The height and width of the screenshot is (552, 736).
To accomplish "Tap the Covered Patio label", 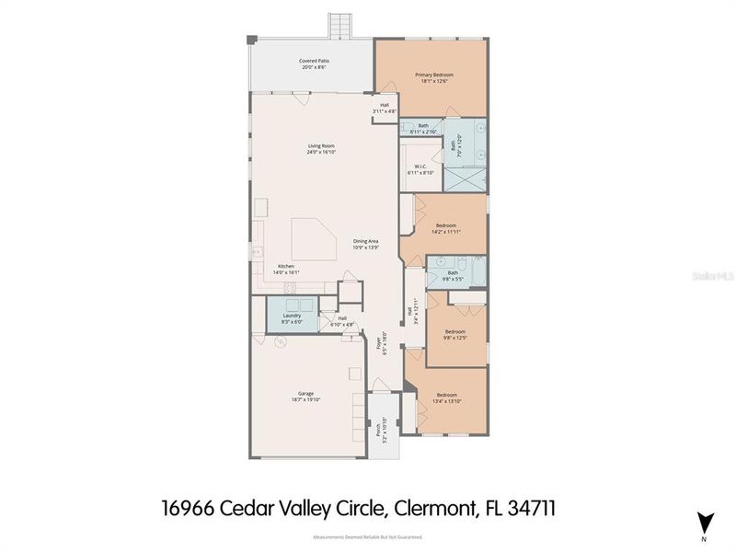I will [315, 63].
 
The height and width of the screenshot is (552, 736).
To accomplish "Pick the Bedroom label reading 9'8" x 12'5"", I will [455, 334].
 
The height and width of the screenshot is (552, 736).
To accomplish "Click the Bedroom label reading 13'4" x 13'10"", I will [446, 397].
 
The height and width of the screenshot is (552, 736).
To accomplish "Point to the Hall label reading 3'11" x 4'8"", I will [385, 108].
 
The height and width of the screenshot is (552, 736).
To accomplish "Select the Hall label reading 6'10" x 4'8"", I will [341, 321].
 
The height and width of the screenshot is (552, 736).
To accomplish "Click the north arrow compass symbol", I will [704, 522].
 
